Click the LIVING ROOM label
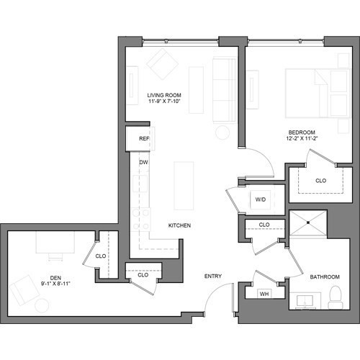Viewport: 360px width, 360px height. (x=164, y=95)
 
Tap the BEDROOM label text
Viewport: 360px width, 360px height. (x=301, y=132)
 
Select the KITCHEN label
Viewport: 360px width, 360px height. (x=179, y=225)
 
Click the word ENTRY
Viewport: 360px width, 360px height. (x=212, y=276)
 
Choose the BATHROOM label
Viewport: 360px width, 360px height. (x=324, y=276)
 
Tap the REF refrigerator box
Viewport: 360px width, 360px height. (x=144, y=138)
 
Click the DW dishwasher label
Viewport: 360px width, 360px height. (x=144, y=163)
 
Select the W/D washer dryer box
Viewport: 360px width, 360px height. (x=259, y=199)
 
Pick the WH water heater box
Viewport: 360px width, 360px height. (x=264, y=293)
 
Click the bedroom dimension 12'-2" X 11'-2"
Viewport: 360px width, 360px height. (x=301, y=140)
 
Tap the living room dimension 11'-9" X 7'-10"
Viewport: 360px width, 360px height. (x=164, y=102)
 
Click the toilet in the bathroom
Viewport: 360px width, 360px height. (x=333, y=295)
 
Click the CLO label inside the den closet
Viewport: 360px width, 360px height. (x=101, y=256)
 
